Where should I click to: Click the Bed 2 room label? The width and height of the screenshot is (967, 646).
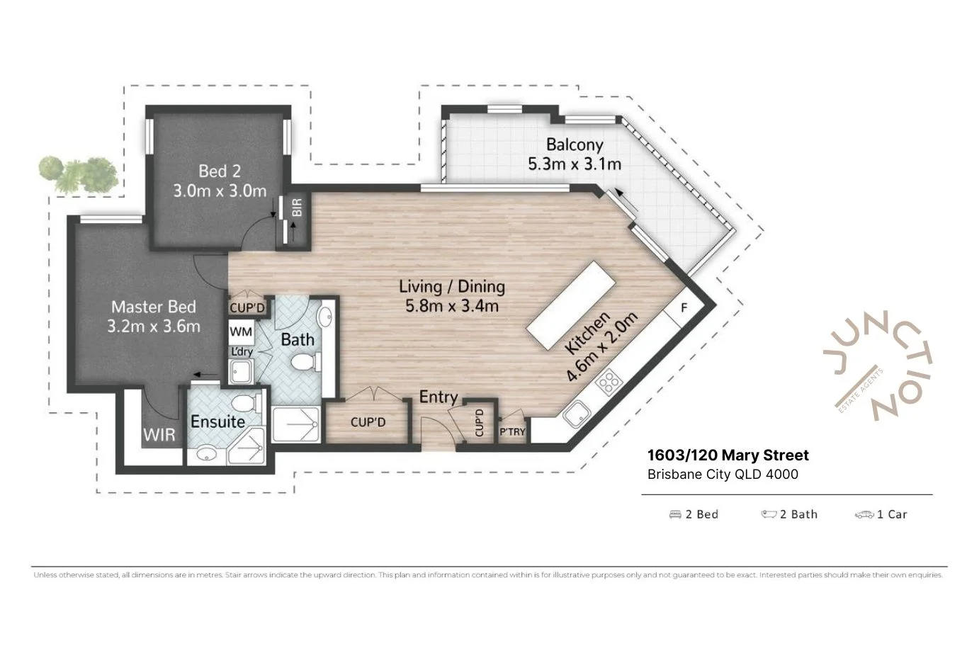(219, 171)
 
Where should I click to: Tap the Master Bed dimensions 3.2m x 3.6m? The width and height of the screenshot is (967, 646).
(154, 327)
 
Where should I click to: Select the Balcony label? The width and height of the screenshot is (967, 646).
(575, 144)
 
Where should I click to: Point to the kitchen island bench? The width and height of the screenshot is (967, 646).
(571, 305)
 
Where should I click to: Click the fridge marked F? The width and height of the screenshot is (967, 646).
(684, 307)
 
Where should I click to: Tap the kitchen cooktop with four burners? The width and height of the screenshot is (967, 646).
(608, 383)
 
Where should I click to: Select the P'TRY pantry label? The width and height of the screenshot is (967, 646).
(512, 431)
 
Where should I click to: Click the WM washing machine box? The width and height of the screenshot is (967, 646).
(241, 331)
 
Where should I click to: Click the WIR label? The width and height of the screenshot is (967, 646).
(159, 434)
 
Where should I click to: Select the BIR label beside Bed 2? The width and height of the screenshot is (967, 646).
(298, 208)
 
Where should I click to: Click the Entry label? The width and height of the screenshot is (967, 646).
(439, 397)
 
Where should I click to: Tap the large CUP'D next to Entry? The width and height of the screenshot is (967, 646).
(368, 422)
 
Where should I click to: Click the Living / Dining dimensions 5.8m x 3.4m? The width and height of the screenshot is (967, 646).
(451, 306)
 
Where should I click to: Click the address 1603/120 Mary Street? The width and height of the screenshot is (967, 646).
(728, 455)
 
